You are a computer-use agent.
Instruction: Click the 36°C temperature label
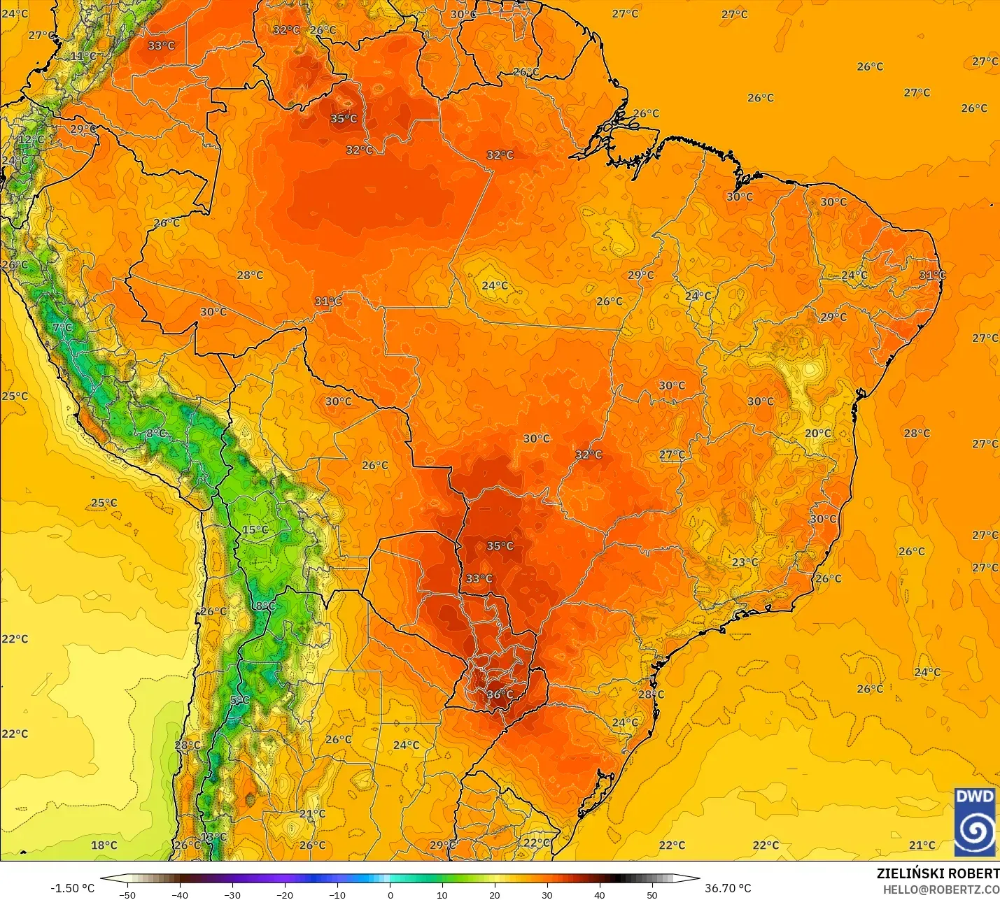(500, 694)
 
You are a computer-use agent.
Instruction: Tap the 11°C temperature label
(83, 57)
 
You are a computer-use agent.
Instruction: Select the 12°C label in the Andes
(31, 139)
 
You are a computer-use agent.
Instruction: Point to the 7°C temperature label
(62, 327)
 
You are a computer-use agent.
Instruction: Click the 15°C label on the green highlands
(255, 530)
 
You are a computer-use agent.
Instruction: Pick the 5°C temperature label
(239, 700)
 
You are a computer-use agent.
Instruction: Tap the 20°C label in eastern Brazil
(817, 434)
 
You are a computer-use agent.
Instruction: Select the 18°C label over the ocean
(104, 845)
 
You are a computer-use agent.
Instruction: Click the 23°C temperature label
(745, 562)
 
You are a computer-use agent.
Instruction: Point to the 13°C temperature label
(213, 837)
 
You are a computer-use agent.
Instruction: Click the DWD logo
(975, 822)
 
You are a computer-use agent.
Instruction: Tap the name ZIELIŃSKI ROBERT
(938, 874)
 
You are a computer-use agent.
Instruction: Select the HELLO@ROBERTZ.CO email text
(941, 890)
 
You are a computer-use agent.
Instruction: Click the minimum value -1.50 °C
(72, 888)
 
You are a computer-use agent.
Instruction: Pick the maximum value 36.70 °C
(728, 888)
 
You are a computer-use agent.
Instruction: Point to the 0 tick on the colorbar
(390, 894)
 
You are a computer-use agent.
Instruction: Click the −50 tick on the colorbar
(127, 894)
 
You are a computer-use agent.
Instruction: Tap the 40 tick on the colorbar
(600, 894)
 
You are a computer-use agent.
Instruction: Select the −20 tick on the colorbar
(284, 894)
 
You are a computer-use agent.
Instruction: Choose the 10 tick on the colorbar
(442, 894)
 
